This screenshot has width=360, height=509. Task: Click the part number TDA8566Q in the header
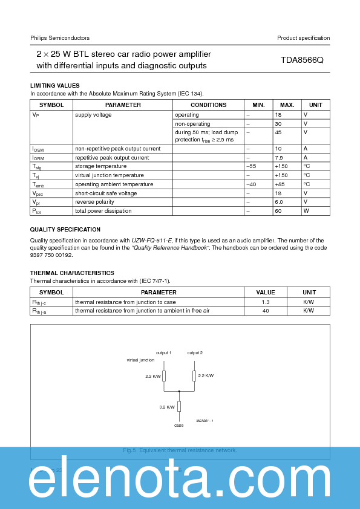coord(302,60)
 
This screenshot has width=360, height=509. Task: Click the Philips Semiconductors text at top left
coord(60,38)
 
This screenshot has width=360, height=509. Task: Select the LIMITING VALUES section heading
coord(55,86)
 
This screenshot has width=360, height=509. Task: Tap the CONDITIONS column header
coord(208,105)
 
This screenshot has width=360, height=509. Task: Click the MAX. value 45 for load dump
coord(278,132)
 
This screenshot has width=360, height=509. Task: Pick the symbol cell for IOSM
coord(38,149)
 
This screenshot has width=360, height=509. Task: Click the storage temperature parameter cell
coord(100,166)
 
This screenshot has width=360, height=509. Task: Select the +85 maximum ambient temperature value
coord(281,184)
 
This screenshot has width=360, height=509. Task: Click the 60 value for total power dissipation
coord(278,211)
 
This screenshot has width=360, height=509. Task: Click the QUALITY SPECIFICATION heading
coord(65,230)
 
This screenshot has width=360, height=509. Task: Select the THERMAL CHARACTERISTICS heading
coord(72,273)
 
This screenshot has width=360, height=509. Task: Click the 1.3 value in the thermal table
coord(266,302)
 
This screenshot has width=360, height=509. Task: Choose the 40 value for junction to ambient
coord(266,311)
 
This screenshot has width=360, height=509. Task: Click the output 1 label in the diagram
coord(163,352)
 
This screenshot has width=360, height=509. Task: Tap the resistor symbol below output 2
coord(194,376)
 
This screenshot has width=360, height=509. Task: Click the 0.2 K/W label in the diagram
coord(168,407)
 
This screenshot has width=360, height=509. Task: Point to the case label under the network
coord(178,425)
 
